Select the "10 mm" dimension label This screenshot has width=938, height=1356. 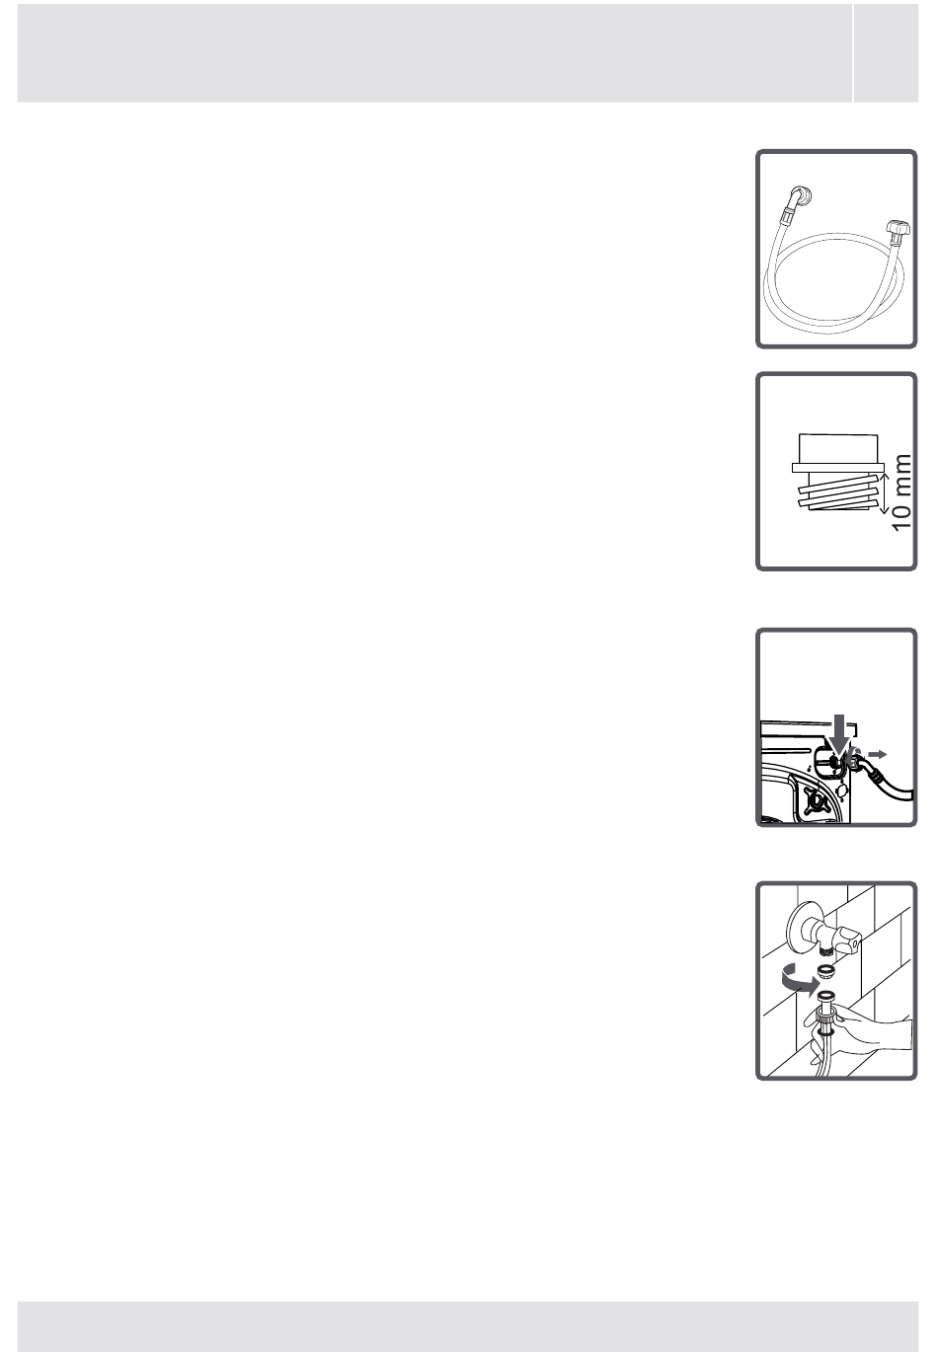(901, 491)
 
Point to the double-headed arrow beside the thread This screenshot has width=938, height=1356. (883, 492)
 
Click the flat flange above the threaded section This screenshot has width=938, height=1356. (837, 468)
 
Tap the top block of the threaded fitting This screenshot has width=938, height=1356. (837, 449)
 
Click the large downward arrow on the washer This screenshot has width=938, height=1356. (839, 734)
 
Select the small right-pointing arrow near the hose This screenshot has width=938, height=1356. (878, 754)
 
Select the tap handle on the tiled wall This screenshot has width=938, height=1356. (845, 942)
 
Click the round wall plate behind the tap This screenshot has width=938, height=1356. (797, 926)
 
